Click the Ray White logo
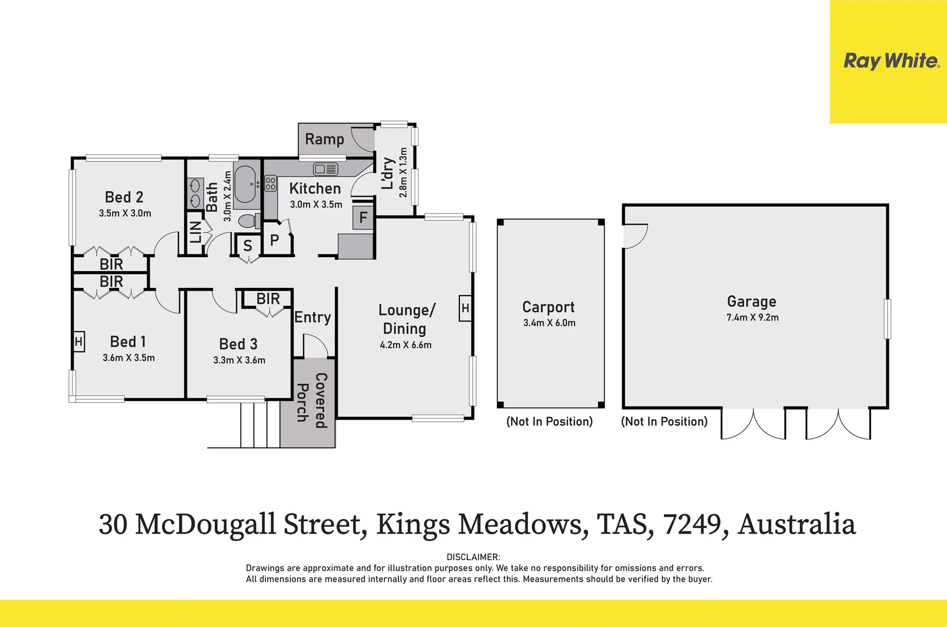[891, 61]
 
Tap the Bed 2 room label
[124, 197]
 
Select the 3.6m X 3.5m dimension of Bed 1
[128, 358]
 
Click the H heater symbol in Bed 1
[79, 342]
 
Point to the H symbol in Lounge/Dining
[465, 308]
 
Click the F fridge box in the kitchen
[363, 218]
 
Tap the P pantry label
[275, 240]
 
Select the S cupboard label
[248, 246]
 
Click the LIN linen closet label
[196, 232]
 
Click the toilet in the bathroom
[249, 221]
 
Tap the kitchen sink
[325, 169]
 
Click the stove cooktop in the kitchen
[271, 184]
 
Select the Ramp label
[324, 139]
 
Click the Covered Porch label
[312, 401]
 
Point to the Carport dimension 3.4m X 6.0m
[549, 323]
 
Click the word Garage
[751, 301]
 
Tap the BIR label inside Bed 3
[268, 298]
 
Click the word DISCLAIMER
[473, 557]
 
